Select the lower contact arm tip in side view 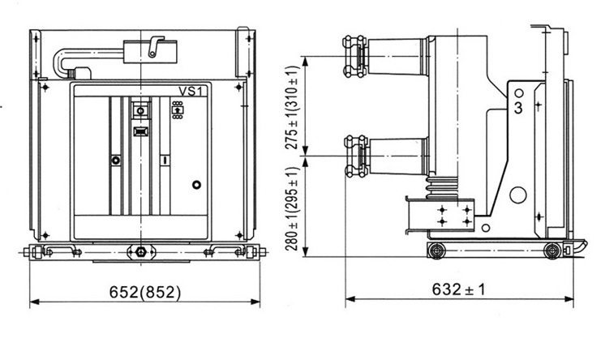354,156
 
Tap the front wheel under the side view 438,248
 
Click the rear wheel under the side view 552,248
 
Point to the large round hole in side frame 516,195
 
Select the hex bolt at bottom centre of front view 144,251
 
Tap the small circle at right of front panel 195,185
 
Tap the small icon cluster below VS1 177,109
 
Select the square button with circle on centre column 139,109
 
